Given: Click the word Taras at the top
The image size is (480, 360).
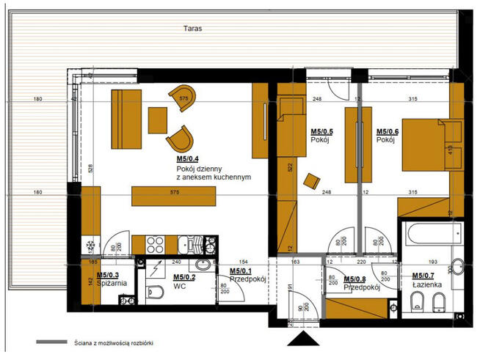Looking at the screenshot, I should [194, 30].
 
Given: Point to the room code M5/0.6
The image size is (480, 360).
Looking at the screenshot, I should [388, 133].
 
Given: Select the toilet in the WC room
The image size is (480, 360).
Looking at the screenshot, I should [155, 293].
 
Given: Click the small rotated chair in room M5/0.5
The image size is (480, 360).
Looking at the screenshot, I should [313, 180].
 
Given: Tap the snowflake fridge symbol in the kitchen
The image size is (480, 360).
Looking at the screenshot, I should [90, 244].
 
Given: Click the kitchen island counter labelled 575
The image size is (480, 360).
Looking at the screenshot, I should [173, 196].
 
